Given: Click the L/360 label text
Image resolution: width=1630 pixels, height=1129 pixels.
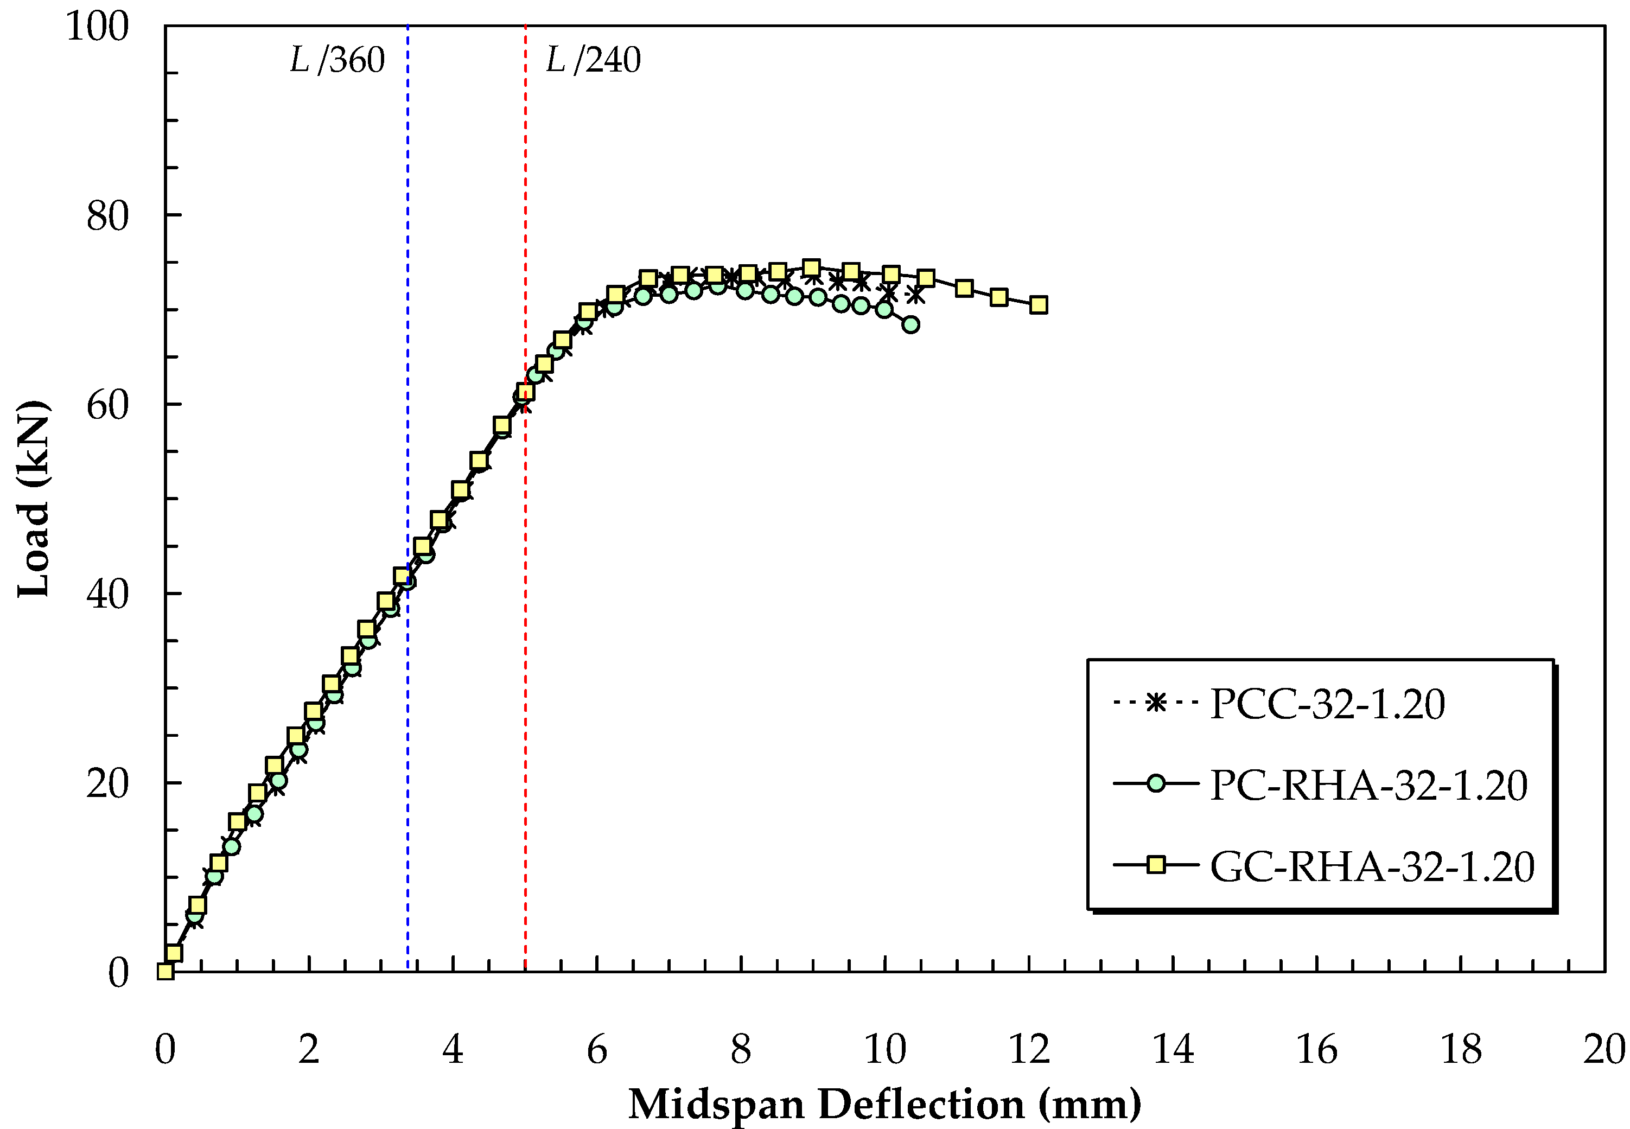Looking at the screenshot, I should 337,60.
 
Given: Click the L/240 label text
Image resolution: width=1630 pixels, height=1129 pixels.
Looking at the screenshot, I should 593,60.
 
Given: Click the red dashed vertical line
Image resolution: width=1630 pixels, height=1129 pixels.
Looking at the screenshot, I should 525,212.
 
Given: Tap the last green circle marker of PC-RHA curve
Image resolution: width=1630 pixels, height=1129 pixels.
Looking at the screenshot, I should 911,324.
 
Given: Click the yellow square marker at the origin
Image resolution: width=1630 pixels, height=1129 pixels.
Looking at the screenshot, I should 165,971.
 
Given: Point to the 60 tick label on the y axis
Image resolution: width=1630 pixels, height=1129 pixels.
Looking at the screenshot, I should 107,405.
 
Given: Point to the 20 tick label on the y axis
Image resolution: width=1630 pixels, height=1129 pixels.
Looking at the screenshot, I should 107,783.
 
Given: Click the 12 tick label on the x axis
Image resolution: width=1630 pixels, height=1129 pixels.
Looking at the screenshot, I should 1029,1049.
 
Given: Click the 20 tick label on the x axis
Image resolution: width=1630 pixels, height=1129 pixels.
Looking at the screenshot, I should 1603,1049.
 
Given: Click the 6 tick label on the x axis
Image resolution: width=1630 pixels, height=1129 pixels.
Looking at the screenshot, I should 596,1049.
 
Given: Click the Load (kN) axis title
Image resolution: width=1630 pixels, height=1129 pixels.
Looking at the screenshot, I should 33,499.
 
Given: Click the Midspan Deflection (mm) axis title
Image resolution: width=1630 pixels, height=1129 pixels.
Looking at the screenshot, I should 884,1104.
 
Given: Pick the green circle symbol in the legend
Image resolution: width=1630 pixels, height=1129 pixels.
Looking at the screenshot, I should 1155,784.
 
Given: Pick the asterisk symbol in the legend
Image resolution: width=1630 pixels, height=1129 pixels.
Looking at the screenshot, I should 1155,703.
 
